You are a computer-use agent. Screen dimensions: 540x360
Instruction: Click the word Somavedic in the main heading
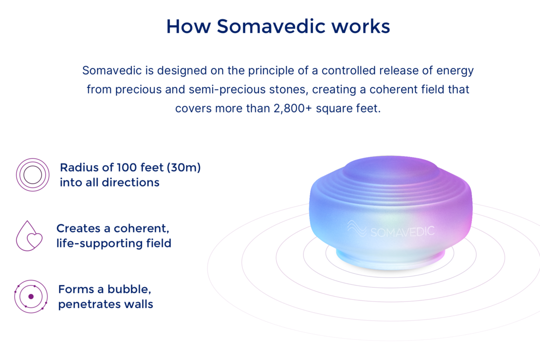coord(270,26)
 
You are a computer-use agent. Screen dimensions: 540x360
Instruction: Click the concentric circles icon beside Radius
coord(32,174)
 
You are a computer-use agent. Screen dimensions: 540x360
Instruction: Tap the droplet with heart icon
coord(29,236)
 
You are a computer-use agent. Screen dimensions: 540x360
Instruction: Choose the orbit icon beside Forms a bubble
coord(30,296)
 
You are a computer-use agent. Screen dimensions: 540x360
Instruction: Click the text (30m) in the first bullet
coord(183,167)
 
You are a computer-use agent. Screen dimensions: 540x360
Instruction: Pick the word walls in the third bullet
coord(139,304)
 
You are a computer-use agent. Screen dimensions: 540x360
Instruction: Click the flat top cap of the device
coord(391,168)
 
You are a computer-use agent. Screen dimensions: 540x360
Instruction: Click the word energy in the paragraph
coord(455,70)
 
